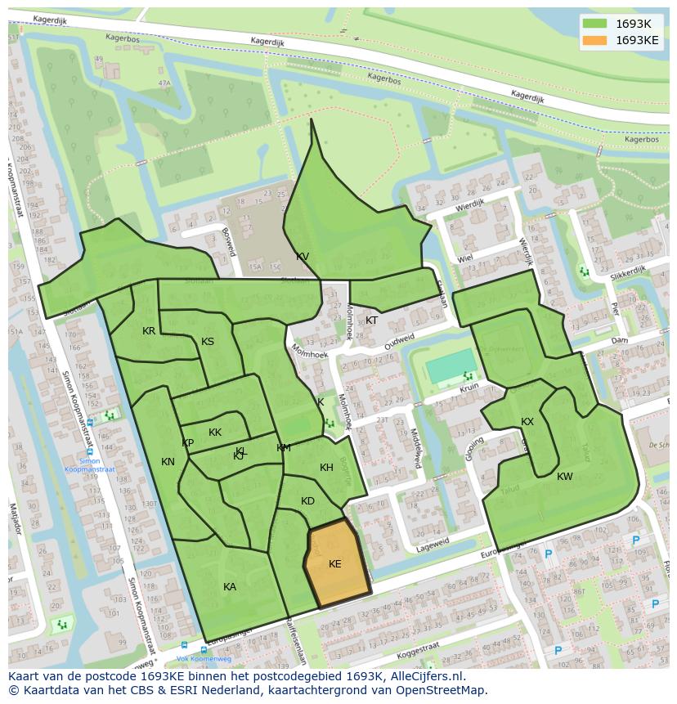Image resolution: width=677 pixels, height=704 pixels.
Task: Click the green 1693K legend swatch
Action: click(x=596, y=24)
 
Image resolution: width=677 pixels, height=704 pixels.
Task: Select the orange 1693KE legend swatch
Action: click(x=596, y=40)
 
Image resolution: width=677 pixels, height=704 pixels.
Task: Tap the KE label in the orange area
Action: click(x=335, y=564)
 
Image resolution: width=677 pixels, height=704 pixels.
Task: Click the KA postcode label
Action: click(x=230, y=587)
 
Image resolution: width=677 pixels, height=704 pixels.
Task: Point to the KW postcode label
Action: click(x=565, y=477)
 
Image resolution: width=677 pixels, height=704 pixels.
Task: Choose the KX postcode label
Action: click(x=527, y=422)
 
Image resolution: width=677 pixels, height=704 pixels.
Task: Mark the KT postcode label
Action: click(x=372, y=321)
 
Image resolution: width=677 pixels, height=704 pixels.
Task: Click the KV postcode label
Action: click(x=303, y=257)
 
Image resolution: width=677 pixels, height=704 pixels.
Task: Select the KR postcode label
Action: click(x=149, y=331)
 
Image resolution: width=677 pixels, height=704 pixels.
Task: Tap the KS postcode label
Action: click(x=208, y=342)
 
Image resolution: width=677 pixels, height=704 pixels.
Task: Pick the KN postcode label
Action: click(x=168, y=462)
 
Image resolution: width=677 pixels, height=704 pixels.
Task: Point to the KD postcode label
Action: click(x=307, y=501)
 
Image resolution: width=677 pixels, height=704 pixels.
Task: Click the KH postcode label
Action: click(x=326, y=468)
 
